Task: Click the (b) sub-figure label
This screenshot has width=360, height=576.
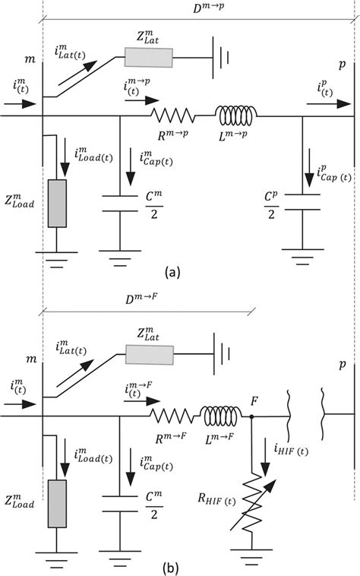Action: pos(180,565)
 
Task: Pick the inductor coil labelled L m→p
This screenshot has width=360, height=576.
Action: pos(237,116)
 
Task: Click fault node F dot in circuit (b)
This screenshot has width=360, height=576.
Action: pos(252,416)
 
